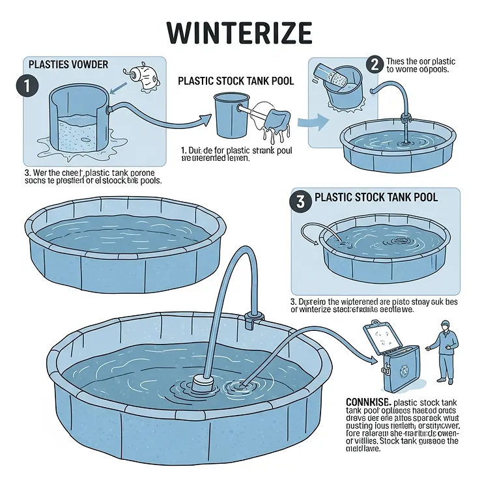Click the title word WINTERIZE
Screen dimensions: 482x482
point(240,32)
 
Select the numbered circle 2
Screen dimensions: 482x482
point(375,64)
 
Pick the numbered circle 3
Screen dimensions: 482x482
point(300,201)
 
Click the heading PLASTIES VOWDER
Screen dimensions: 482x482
point(68,65)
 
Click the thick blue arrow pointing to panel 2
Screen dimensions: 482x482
point(312,122)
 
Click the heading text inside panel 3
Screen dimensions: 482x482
point(376,197)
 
